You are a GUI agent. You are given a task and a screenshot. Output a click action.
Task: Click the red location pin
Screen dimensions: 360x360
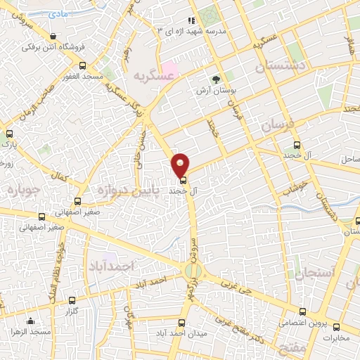(x=181, y=164)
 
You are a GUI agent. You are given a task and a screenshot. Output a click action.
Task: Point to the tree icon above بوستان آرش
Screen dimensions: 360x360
(x=215, y=79)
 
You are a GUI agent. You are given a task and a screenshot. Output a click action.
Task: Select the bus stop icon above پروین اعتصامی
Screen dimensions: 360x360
(x=302, y=311)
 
